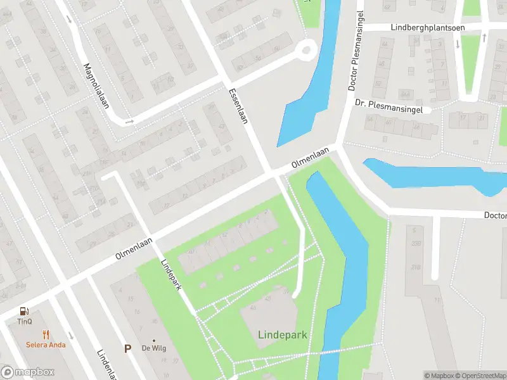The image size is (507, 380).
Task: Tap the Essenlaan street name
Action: click(238, 106)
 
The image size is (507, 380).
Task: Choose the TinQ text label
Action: click(25, 321)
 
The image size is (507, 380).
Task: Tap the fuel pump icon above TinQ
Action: click(25, 310)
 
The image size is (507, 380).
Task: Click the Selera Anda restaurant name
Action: click(45, 345)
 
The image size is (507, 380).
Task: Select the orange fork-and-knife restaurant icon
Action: click(46, 334)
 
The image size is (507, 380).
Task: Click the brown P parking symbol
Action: click(127, 348)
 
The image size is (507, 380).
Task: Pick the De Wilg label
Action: click(153, 348)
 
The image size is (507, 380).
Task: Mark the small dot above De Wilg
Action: click(153, 340)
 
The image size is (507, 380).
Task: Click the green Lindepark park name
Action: click(283, 334)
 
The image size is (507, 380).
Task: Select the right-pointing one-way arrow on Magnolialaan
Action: click(129, 121)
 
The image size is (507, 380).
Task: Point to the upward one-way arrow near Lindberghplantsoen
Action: click(484, 38)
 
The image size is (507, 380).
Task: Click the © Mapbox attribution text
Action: click(440, 376)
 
